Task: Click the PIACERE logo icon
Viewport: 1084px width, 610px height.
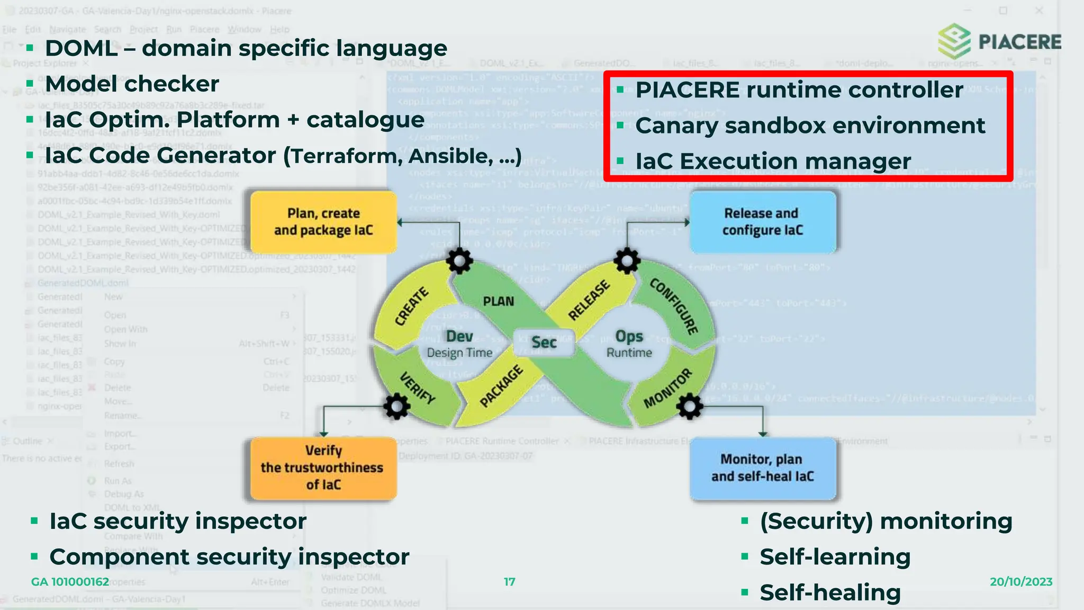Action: pyautogui.click(x=954, y=41)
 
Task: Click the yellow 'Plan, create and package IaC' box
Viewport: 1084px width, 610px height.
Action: pyautogui.click(x=323, y=222)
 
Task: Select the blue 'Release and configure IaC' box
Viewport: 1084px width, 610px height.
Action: pyautogui.click(x=762, y=222)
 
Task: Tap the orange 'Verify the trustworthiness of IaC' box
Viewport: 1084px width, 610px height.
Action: pyautogui.click(x=322, y=468)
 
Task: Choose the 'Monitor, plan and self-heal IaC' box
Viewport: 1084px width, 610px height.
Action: pyautogui.click(x=762, y=468)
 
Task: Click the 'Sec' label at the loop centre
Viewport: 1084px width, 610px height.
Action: pyautogui.click(x=544, y=343)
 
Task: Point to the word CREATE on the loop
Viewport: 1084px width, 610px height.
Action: pyautogui.click(x=411, y=306)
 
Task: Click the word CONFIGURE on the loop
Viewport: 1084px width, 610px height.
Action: pyautogui.click(x=674, y=306)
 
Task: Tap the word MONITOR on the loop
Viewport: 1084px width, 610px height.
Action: pyautogui.click(x=667, y=388)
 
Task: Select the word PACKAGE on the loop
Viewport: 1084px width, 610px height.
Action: pyautogui.click(x=501, y=386)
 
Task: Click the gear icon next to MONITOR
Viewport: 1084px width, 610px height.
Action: pyautogui.click(x=689, y=407)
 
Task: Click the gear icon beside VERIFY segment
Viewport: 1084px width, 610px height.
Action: pyautogui.click(x=396, y=407)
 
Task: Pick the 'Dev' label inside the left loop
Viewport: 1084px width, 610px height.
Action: pyautogui.click(x=459, y=337)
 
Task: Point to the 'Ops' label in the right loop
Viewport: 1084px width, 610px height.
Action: pyautogui.click(x=629, y=337)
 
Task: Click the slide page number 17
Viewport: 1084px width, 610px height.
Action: pyautogui.click(x=509, y=582)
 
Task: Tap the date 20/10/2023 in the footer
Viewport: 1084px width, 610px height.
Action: pyautogui.click(x=1020, y=582)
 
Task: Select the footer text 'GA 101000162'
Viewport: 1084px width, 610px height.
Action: pyautogui.click(x=70, y=582)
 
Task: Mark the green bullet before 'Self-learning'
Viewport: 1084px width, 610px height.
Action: pyautogui.click(x=745, y=557)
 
